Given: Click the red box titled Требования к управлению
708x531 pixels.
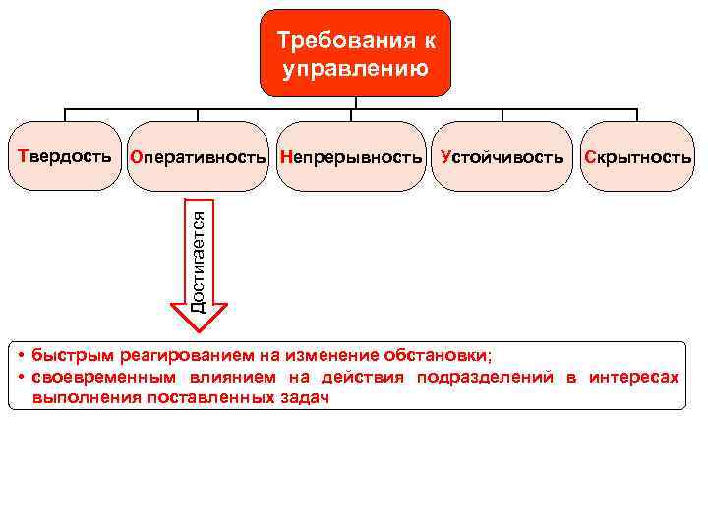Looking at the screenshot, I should [355, 53].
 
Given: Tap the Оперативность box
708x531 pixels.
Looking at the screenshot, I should [199, 157].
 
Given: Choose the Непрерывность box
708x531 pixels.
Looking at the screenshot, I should [351, 157].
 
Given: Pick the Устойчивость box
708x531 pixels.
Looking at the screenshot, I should [502, 157].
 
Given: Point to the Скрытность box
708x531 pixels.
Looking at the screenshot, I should [637, 157].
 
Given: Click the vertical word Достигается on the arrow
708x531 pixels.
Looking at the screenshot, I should [199, 252].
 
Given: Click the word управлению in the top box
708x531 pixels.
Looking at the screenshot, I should [355, 70].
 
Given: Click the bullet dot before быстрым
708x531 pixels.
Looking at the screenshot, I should [22, 354].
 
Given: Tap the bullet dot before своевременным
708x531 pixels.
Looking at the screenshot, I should [22, 377].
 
